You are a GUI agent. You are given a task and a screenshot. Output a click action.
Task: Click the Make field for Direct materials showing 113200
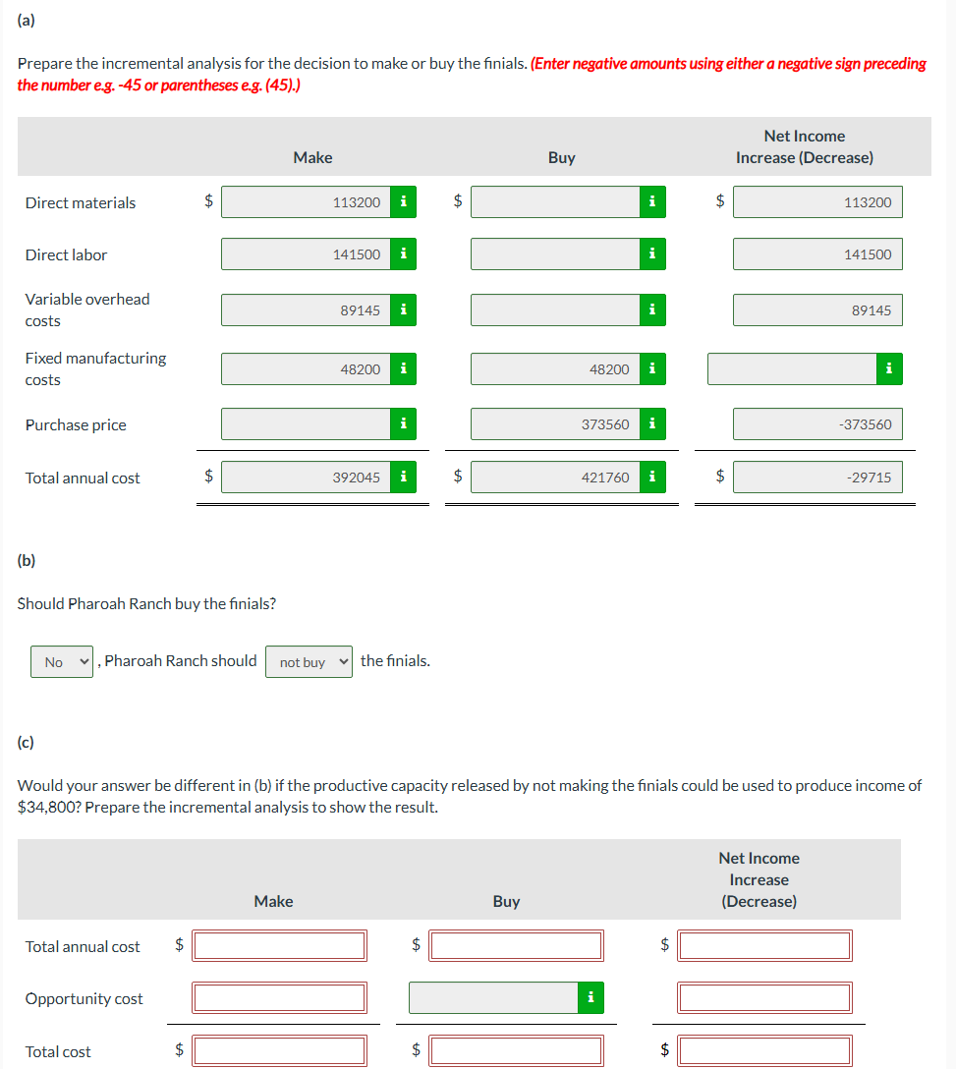click(x=306, y=202)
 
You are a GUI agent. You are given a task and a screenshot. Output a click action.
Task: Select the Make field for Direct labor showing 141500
click(x=306, y=254)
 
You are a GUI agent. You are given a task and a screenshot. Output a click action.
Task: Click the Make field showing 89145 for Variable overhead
click(x=306, y=310)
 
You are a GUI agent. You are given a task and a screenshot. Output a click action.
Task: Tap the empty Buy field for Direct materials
click(x=555, y=202)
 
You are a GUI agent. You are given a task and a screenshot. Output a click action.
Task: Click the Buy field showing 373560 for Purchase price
click(x=555, y=424)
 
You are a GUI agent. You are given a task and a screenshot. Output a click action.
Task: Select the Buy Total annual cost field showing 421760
click(x=555, y=478)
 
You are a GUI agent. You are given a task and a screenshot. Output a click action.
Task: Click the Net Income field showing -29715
click(x=817, y=478)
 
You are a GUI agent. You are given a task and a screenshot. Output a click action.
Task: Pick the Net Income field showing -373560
click(x=817, y=424)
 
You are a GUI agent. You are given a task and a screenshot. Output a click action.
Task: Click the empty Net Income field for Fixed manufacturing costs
click(x=792, y=369)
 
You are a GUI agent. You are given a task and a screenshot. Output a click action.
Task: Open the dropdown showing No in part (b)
click(x=62, y=662)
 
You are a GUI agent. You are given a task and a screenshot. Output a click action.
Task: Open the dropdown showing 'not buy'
click(x=309, y=662)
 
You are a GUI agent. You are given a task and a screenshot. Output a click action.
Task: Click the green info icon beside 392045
click(x=403, y=478)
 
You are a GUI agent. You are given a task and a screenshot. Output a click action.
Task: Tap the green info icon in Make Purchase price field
click(x=403, y=424)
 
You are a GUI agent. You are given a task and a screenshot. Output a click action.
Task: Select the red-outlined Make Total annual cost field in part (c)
click(x=280, y=946)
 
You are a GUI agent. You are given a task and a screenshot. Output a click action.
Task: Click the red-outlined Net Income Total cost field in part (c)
click(x=765, y=1051)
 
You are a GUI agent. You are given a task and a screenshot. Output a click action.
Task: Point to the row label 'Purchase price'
click(x=76, y=425)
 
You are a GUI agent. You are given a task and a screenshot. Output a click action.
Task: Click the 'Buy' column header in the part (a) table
click(x=562, y=157)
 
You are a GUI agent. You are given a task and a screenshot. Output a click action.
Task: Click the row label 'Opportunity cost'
click(x=84, y=999)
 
